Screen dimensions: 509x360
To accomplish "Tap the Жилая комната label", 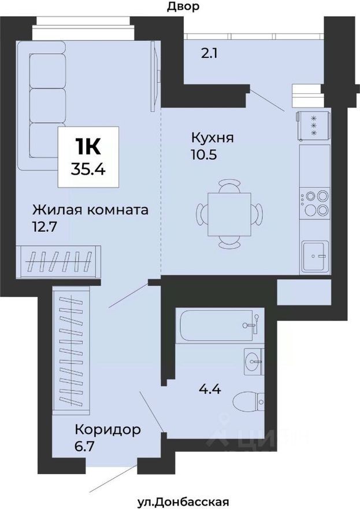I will point(90,209).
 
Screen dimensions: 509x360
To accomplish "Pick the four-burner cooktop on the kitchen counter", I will point(315,203).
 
